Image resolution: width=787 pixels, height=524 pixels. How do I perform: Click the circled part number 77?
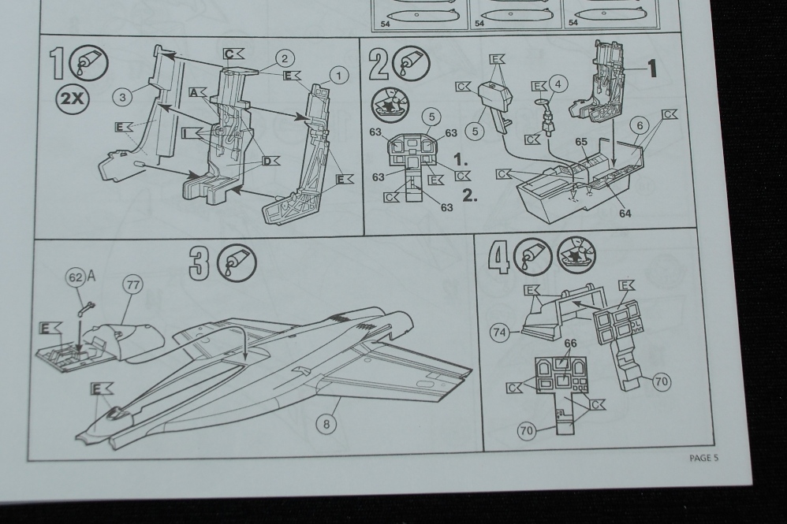coord(131,285)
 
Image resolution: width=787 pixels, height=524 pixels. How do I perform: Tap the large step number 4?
coord(498,258)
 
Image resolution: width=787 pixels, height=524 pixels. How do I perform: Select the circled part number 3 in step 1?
coord(121,96)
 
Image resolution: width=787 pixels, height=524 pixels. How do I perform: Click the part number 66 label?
coord(570,344)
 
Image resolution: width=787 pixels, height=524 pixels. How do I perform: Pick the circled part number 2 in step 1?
coord(284,57)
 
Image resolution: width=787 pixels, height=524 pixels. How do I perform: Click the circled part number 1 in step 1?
coord(338,75)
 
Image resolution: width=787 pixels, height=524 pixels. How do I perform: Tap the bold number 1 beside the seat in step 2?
coord(651,69)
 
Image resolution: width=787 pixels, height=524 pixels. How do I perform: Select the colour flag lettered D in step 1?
coord(270,162)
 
